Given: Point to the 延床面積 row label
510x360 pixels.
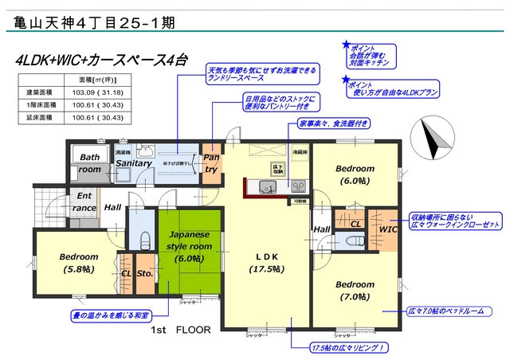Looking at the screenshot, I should pos(41,118).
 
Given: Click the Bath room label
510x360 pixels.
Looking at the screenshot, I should pos(89,163).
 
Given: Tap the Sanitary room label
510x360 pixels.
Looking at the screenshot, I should pos(133,163).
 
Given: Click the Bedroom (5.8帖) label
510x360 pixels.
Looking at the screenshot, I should pos(78,263).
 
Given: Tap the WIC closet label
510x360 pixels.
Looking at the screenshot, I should pos(388,229).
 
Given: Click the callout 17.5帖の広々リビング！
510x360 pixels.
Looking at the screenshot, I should pos(350,347).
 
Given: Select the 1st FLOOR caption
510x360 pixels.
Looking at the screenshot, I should pos(177,329).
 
